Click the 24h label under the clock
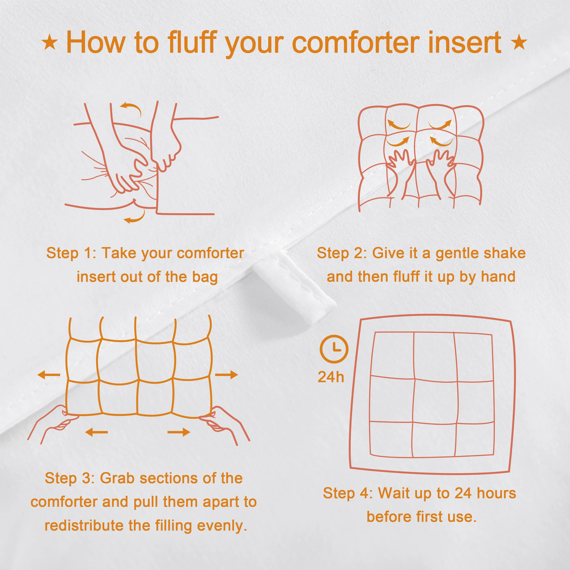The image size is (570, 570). [331, 377]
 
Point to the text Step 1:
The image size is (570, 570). [71, 253]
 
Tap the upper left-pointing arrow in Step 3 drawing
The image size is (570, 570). [49, 375]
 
